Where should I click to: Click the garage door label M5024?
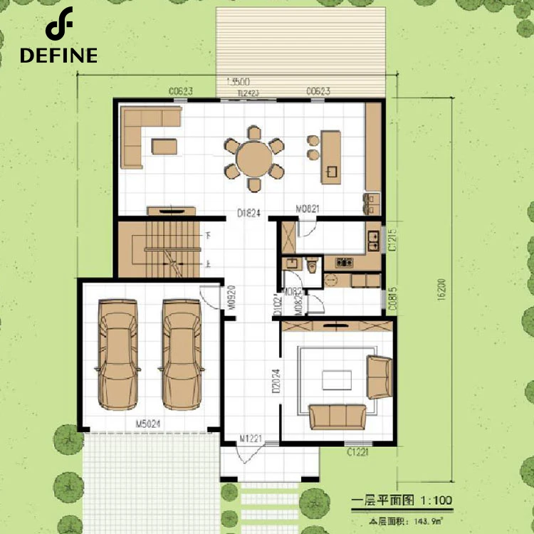(147, 425)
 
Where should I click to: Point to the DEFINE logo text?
(58, 56)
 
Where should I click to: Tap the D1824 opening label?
(248, 211)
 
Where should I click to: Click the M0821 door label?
(307, 209)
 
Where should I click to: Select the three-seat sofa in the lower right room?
(337, 416)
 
